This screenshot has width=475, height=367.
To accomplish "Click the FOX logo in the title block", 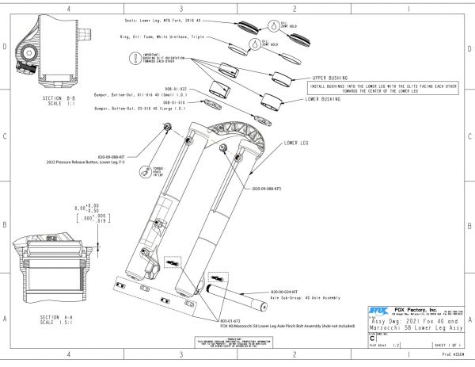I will coord(380,311).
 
